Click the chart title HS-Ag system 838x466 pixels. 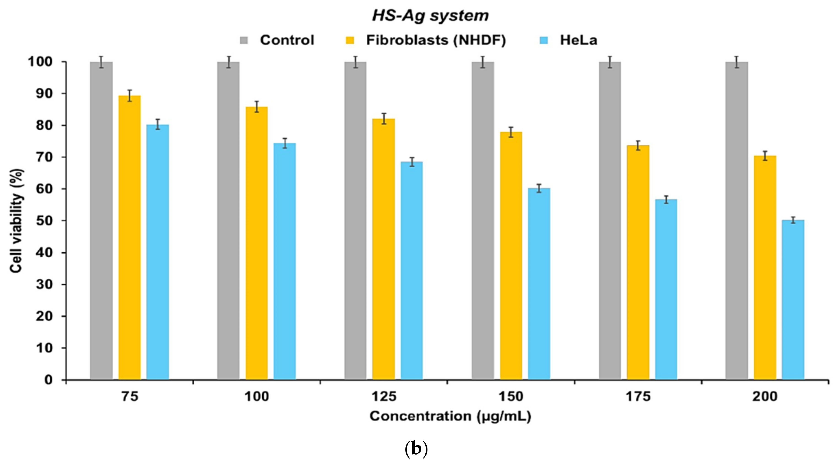[430, 16]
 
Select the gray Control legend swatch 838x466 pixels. [244, 40]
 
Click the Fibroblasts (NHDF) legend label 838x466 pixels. [436, 40]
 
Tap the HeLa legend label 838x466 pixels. [578, 40]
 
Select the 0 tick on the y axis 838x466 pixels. [48, 380]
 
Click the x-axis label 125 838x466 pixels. [384, 397]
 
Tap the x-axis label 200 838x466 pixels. [765, 397]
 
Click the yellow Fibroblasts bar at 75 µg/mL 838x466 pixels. [129, 238]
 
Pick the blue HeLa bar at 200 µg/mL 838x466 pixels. [793, 300]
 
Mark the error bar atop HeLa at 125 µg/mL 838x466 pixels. [412, 162]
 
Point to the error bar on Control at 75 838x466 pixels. [102, 62]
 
